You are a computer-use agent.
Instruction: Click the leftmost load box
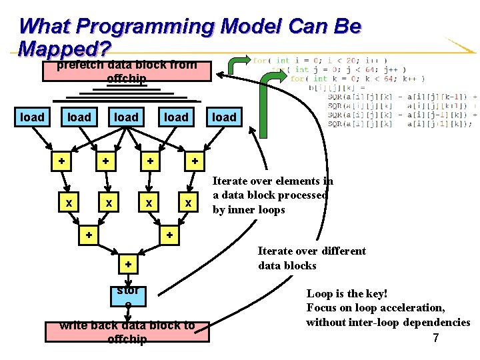[x=32, y=117]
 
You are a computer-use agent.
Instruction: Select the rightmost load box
[x=224, y=117]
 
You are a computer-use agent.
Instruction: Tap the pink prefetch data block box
[x=127, y=72]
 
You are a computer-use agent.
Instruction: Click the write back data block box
[x=127, y=332]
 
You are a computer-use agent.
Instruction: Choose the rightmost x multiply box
[x=189, y=202]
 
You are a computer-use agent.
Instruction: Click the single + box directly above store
[x=128, y=265]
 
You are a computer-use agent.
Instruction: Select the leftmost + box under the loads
[x=61, y=161]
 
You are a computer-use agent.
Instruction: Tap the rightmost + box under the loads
[x=195, y=161]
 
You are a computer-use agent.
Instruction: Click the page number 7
[x=436, y=338]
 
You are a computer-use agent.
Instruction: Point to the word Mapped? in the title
[x=64, y=49]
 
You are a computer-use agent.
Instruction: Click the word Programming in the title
[x=145, y=27]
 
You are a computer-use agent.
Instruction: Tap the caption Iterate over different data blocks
[x=312, y=258]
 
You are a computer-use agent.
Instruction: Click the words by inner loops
[x=249, y=210]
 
